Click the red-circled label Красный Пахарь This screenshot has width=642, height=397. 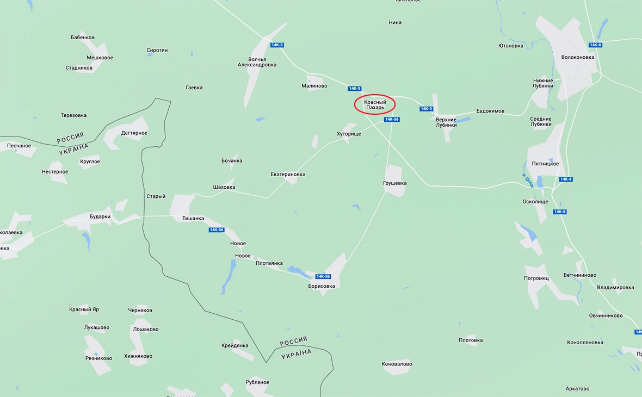[374, 104]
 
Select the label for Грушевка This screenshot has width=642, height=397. [394, 183]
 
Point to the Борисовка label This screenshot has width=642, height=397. [321, 286]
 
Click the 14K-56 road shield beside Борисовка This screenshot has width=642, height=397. [323, 276]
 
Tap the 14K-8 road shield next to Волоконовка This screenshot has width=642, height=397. [595, 45]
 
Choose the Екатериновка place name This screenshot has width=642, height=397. [288, 175]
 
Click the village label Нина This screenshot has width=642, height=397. [395, 22]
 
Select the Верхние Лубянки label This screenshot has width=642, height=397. [446, 122]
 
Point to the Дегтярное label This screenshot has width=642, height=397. [134, 133]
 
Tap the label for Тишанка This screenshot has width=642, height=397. [193, 219]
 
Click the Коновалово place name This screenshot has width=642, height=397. [397, 364]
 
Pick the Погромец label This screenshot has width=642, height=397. [536, 278]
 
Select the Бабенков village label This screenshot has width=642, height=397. [83, 38]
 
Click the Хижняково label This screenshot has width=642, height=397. [138, 356]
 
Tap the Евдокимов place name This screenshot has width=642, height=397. [490, 111]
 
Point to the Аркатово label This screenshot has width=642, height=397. [577, 388]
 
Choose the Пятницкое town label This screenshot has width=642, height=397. [545, 164]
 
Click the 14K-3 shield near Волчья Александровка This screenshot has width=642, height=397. [277, 45]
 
